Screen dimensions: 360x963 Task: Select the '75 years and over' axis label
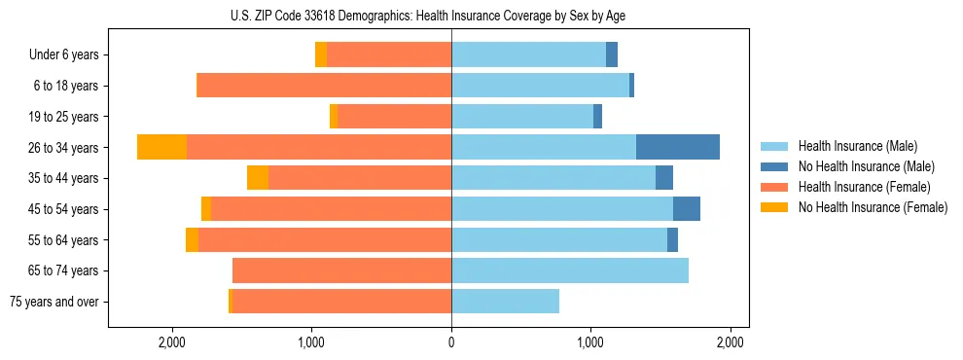[x=53, y=302]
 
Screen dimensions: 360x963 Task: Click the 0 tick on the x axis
[x=451, y=342]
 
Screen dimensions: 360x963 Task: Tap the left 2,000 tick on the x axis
[x=171, y=342]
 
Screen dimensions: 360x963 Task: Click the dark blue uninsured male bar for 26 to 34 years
[x=677, y=147]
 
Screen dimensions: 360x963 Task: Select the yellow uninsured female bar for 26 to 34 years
[x=161, y=147]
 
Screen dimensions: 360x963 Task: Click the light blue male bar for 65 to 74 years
[x=569, y=270]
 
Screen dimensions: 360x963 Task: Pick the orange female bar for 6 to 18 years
[x=324, y=86]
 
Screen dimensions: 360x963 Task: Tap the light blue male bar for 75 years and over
[x=505, y=302]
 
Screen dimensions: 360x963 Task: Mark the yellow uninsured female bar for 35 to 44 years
[x=258, y=178]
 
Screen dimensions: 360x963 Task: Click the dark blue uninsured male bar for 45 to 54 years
[x=686, y=209]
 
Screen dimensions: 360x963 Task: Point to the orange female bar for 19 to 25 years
[x=394, y=117]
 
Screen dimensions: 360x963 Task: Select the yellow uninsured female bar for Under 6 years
[x=321, y=55]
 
